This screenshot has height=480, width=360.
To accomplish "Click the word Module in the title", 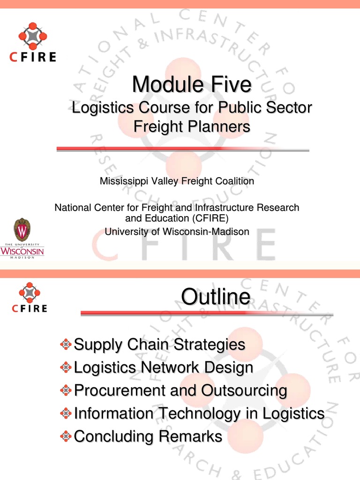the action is pyautogui.click(x=168, y=84).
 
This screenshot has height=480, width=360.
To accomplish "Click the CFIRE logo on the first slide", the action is pyautogui.click(x=33, y=42).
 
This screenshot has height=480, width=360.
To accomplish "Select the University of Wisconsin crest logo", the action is pyautogui.click(x=22, y=238).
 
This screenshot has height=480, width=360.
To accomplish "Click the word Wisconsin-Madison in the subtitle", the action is pyautogui.click(x=206, y=232).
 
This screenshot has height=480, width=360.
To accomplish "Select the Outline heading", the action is pyautogui.click(x=216, y=296).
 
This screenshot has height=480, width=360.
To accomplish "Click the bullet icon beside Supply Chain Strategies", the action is pyautogui.click(x=66, y=345).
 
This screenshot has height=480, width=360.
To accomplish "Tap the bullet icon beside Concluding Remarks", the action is pyautogui.click(x=66, y=436).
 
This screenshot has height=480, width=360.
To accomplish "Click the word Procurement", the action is pyautogui.click(x=120, y=390).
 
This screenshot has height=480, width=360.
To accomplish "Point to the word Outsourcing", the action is pyautogui.click(x=244, y=391).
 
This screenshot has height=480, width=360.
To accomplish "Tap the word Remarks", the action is pyautogui.click(x=190, y=436).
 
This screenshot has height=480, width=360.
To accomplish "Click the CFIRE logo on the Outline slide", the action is pyautogui.click(x=30, y=297).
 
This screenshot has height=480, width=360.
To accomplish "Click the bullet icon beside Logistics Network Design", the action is pyautogui.click(x=66, y=367).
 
